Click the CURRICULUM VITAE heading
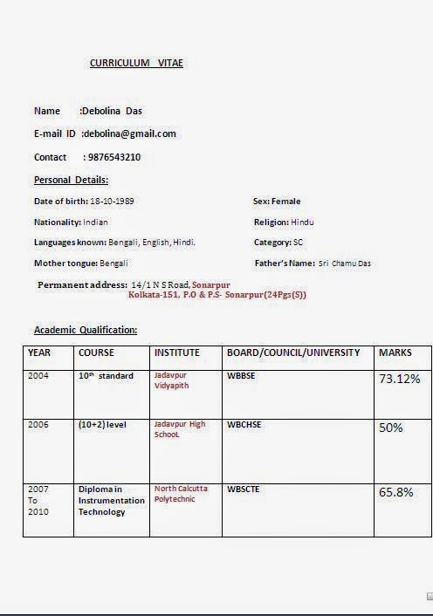pos(136,63)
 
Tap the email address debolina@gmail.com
pos(130,133)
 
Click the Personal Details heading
pos(71,180)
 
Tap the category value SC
pos(299,243)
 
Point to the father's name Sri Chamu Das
pos(345,264)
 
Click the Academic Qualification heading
pos(86,330)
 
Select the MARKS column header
pos(395,352)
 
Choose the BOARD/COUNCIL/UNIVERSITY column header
pos(293,352)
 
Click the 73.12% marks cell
pos(399,379)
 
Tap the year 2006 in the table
pos(38,425)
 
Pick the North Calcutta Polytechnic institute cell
pos(181,494)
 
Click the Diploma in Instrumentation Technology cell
pos(112,501)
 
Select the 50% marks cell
pos(390,428)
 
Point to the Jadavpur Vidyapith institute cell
pos(171,380)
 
